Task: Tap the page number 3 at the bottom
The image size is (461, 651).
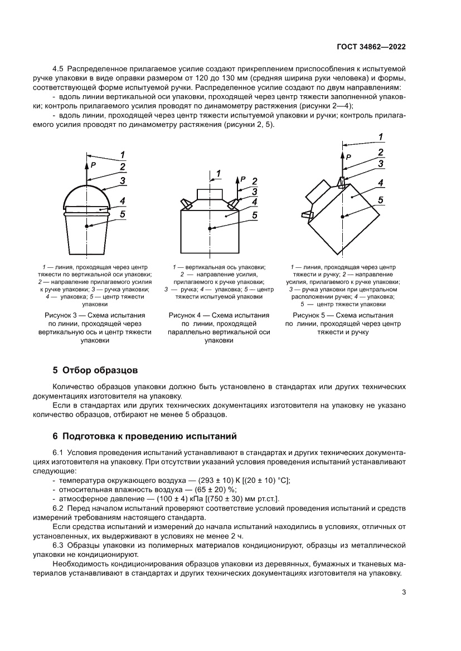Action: [x=404, y=593]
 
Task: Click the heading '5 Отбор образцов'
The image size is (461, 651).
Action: [x=95, y=370]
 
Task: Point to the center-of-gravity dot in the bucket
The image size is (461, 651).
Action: [x=87, y=226]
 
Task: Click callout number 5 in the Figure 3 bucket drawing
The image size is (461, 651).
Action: [x=122, y=214]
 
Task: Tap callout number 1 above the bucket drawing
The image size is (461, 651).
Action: [x=122, y=155]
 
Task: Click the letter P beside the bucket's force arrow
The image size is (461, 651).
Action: [x=93, y=165]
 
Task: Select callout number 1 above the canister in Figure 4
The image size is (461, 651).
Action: [x=218, y=174]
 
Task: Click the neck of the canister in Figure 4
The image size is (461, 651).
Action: [x=210, y=194]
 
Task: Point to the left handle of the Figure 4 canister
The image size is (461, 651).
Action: [x=186, y=204]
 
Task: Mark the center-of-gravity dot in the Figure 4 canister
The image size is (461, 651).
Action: [x=210, y=228]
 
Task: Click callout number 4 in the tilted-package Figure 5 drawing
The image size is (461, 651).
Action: [x=380, y=183]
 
